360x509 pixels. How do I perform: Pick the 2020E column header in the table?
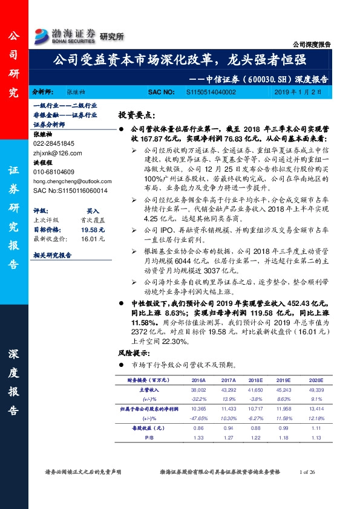pyautogui.click(x=316, y=380)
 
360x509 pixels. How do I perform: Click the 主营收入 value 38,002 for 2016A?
pyautogui.click(x=199, y=391)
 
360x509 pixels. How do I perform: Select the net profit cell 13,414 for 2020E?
pyautogui.click(x=316, y=409)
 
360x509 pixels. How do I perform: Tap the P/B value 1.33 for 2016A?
pyautogui.click(x=199, y=437)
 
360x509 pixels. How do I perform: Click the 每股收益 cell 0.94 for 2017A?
pyautogui.click(x=229, y=428)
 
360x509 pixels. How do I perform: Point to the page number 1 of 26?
pyautogui.click(x=309, y=471)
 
